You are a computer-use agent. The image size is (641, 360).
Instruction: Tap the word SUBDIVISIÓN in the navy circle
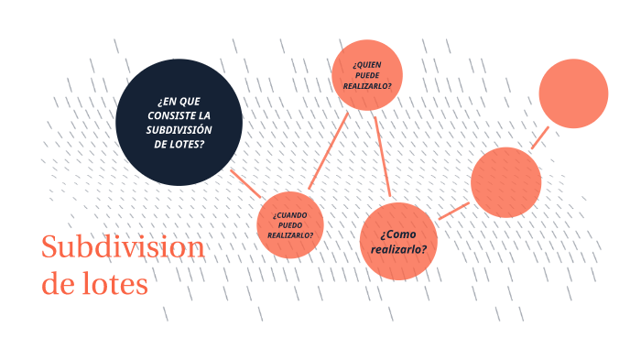179,130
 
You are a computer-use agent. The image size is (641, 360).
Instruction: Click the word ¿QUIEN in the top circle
367,64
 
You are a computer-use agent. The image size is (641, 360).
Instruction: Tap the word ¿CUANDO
290,214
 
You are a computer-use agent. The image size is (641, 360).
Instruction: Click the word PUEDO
290,224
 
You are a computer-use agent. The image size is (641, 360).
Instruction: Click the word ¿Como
398,234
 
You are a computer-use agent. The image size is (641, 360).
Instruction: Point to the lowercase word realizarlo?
398,248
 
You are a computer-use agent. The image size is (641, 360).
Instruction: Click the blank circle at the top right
573,93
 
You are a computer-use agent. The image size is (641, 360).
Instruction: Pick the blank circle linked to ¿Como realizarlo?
506,182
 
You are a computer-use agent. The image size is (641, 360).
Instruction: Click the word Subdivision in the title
123,248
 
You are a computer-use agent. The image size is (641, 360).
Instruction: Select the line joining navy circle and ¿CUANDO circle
246,183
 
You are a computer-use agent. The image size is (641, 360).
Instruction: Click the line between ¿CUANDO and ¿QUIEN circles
328,151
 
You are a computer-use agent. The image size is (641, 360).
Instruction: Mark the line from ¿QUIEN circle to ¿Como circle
382,156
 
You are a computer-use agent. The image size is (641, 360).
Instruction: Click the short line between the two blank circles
539,137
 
